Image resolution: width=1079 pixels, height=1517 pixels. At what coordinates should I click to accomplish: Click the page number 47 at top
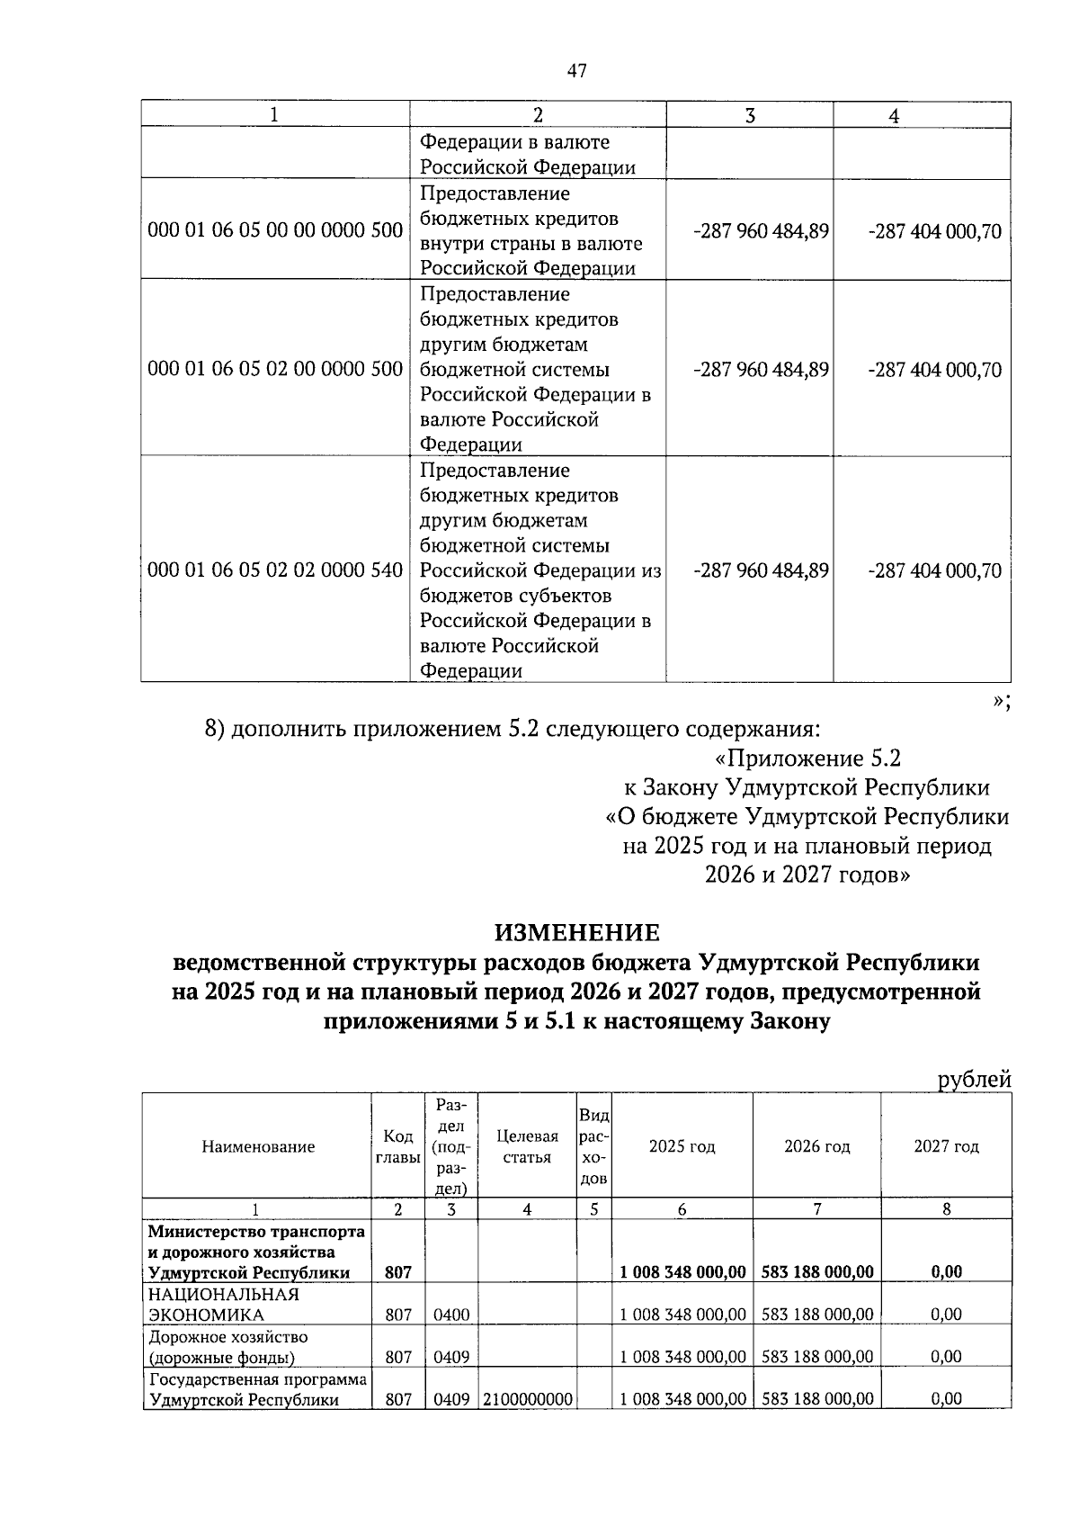click(577, 71)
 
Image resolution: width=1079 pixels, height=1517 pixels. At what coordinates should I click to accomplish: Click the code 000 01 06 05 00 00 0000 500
click(275, 231)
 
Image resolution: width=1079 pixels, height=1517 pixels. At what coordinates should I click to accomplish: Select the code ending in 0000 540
click(275, 570)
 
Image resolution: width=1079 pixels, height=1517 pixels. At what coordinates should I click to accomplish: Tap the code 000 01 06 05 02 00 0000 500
click(275, 370)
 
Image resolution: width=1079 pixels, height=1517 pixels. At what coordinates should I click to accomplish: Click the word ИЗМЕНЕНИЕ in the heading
click(577, 932)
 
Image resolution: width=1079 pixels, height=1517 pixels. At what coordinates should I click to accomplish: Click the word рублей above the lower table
click(974, 1079)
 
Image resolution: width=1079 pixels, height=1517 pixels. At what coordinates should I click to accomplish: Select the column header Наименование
click(258, 1146)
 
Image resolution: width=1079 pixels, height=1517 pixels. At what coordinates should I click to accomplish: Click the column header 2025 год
click(682, 1146)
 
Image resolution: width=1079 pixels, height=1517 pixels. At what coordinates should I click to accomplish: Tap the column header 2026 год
click(816, 1146)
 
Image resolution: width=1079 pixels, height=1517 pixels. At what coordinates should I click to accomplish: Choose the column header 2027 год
click(946, 1146)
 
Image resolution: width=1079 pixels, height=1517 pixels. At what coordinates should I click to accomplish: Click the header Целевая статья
click(527, 1146)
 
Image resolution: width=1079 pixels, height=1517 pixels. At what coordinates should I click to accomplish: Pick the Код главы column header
click(398, 1146)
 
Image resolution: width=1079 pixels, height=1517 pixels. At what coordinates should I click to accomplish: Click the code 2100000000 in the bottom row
click(528, 1399)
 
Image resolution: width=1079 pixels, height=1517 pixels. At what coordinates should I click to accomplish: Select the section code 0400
click(451, 1315)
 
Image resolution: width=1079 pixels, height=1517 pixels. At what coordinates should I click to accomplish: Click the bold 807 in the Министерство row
click(398, 1272)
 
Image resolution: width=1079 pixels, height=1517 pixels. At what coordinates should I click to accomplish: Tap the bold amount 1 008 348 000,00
click(682, 1272)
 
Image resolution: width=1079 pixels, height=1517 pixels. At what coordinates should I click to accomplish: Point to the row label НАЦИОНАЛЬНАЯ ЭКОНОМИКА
click(224, 1305)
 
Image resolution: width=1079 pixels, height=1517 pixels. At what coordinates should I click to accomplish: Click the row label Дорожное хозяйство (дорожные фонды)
click(228, 1347)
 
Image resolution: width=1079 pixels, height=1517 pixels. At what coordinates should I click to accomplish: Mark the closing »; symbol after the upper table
click(1001, 703)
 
